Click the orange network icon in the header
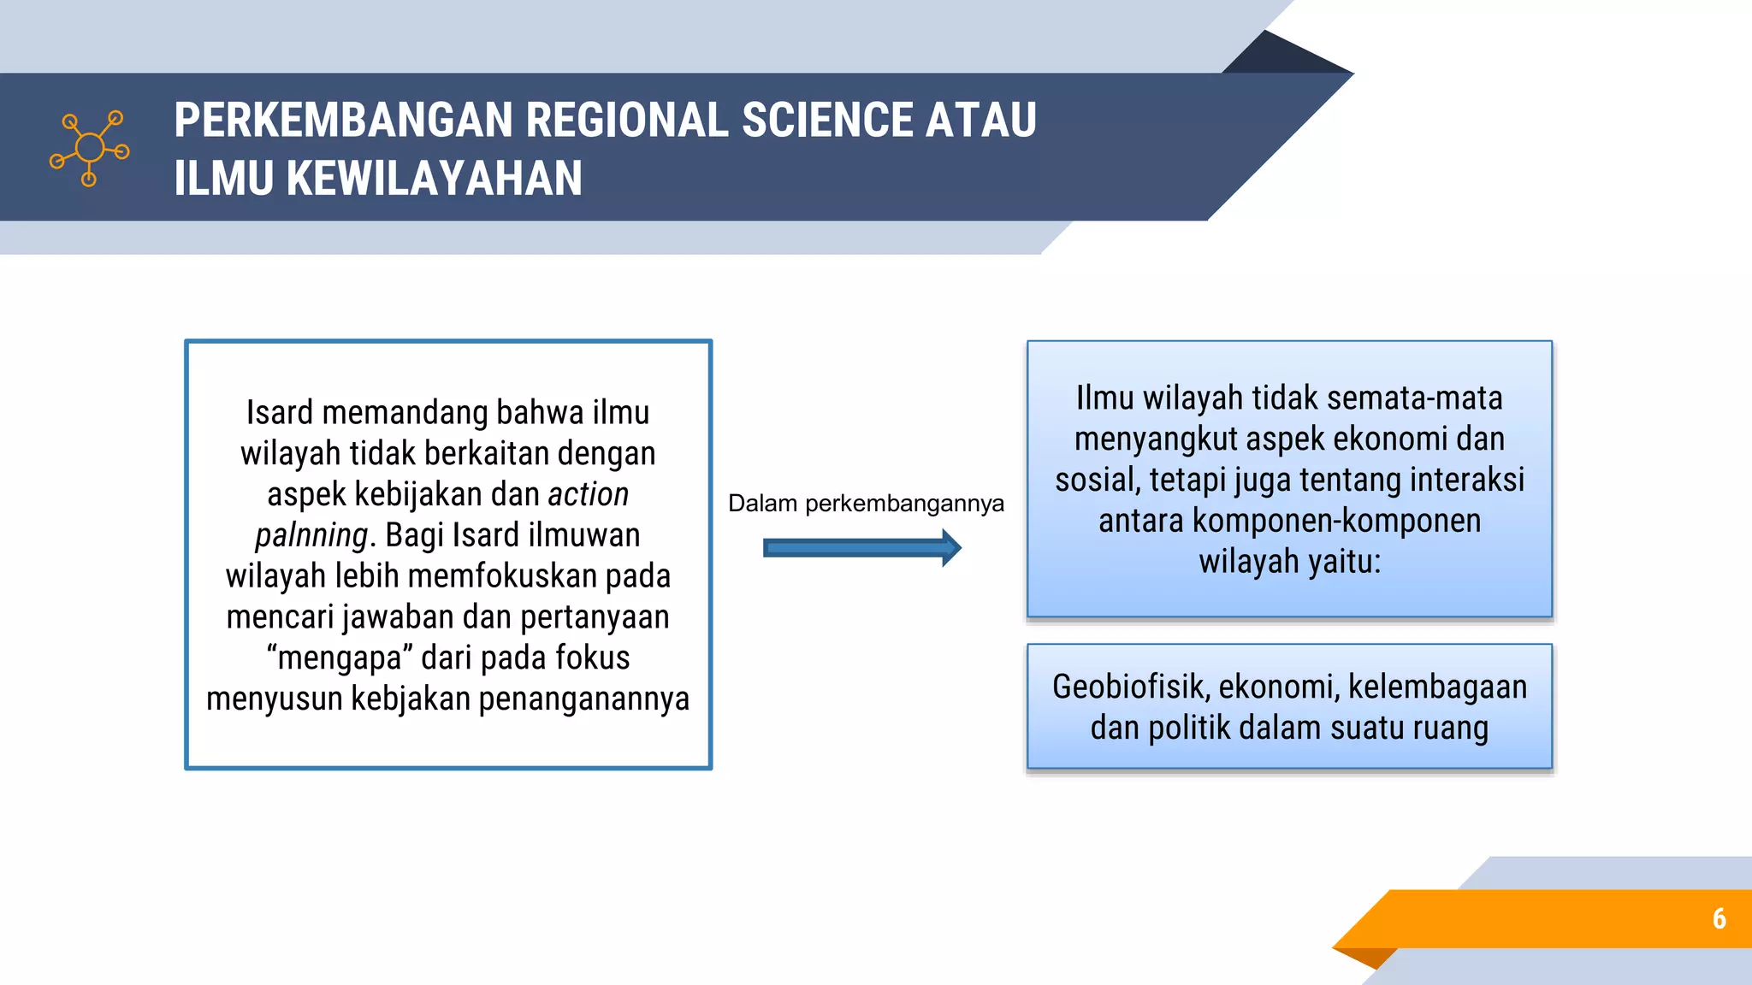click(89, 148)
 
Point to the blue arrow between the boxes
click(861, 548)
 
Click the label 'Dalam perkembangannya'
click(866, 504)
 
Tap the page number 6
click(1719, 918)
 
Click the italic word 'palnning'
click(311, 535)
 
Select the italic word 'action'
click(589, 494)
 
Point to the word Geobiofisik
click(1130, 687)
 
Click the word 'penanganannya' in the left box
click(583, 699)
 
